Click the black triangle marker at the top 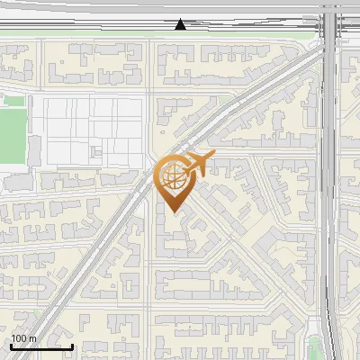181,24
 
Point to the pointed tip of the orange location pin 172,212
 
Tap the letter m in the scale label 33,338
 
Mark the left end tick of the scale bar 11,346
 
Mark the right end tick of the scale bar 72,346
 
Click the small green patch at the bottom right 314,349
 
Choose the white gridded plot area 90,130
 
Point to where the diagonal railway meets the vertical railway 324,49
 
